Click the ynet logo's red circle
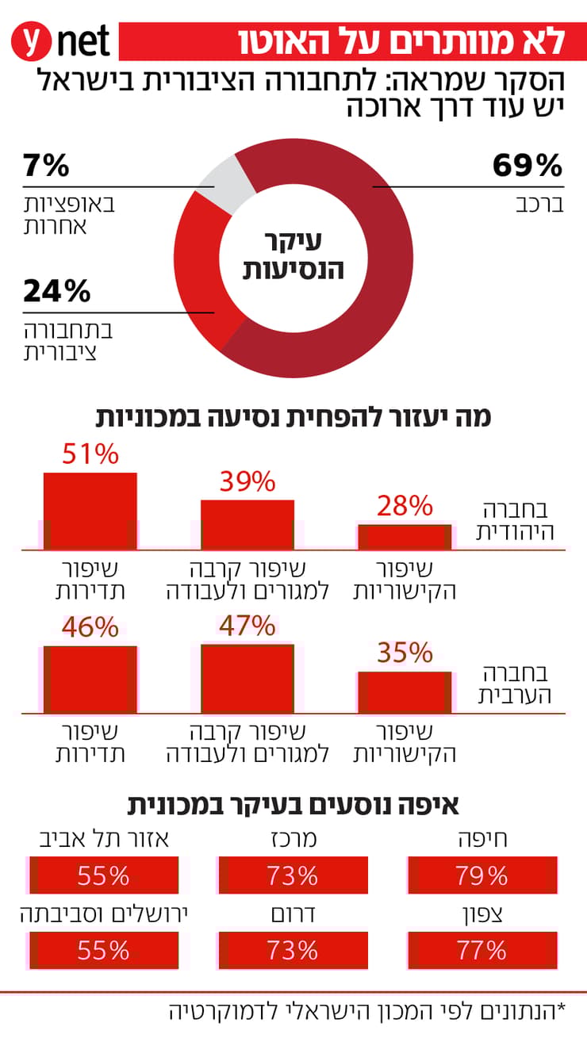pyautogui.click(x=32, y=40)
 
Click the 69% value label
pyautogui.click(x=527, y=166)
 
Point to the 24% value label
pyautogui.click(x=56, y=292)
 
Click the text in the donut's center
pyautogui.click(x=293, y=256)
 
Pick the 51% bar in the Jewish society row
pyautogui.click(x=90, y=511)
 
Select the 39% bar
pyautogui.click(x=247, y=524)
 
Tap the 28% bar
pyautogui.click(x=405, y=537)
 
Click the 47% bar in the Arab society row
pyautogui.click(x=247, y=678)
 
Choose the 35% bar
pyautogui.click(x=405, y=691)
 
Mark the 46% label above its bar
pyautogui.click(x=90, y=628)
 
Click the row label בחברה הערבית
pyautogui.click(x=516, y=684)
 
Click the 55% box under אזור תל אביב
pyautogui.click(x=103, y=875)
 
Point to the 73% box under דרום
pyautogui.click(x=292, y=950)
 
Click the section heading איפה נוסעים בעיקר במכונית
pyautogui.click(x=293, y=806)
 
